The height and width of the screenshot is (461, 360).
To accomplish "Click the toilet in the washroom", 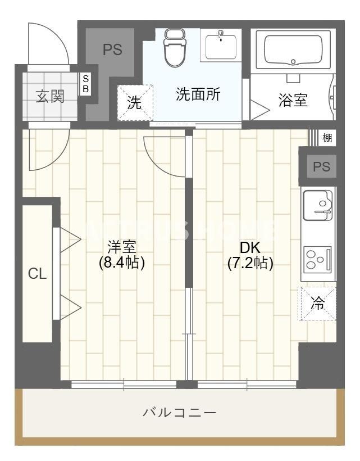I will pyautogui.click(x=174, y=48).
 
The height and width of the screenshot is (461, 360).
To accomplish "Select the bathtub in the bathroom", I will pyautogui.click(x=293, y=50).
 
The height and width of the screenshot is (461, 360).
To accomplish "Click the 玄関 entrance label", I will pyautogui.click(x=50, y=96).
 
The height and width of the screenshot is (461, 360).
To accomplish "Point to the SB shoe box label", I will pyautogui.click(x=86, y=84).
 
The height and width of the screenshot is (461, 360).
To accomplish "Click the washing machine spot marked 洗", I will pyautogui.click(x=134, y=102).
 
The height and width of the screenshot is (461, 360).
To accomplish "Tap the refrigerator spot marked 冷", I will pyautogui.click(x=317, y=304).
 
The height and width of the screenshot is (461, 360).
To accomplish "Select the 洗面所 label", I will pyautogui.click(x=198, y=94).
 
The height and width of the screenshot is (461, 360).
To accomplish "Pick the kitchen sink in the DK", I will pyautogui.click(x=317, y=205).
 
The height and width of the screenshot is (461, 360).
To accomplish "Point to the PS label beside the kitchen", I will pyautogui.click(x=321, y=166).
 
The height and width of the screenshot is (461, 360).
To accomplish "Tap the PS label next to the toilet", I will pyautogui.click(x=112, y=49).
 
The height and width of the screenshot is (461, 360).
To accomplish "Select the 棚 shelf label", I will pyautogui.click(x=327, y=137).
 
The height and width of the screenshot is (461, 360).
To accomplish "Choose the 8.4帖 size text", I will pyautogui.click(x=122, y=263).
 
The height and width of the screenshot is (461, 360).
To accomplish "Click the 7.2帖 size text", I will pyautogui.click(x=250, y=263).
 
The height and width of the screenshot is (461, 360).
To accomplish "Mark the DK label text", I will pyautogui.click(x=250, y=247).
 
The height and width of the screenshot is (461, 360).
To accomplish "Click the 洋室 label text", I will pyautogui.click(x=122, y=247).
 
